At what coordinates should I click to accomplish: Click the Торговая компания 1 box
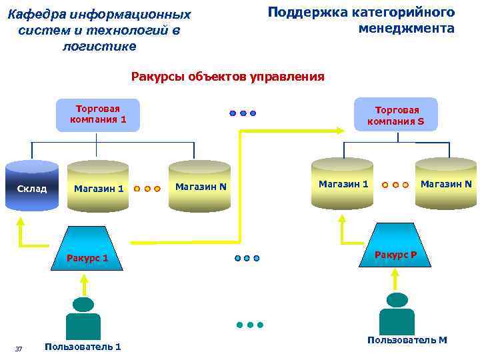(97, 115)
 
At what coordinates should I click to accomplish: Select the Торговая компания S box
(395, 115)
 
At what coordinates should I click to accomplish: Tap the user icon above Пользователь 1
(83, 319)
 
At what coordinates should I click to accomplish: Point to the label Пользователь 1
(82, 347)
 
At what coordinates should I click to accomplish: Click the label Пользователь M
(407, 340)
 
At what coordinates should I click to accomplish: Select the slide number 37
(19, 349)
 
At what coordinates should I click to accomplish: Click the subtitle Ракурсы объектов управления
(227, 77)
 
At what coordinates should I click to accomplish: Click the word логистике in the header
(99, 46)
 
